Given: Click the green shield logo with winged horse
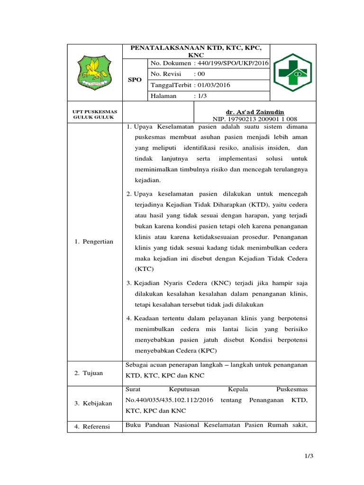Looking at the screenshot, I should pos(94,72).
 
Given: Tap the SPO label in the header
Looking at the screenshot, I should pos(135,80).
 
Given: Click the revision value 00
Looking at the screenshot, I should pos(201,74).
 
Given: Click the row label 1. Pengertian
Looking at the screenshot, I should pos(94,242).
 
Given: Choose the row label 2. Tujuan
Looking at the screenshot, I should pos(89,373).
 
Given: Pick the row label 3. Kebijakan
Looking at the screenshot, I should pos(93,403).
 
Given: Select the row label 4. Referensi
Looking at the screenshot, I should pos(92,426).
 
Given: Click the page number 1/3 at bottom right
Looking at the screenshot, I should pos(309,456).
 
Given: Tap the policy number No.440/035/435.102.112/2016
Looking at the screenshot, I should pos(170,400).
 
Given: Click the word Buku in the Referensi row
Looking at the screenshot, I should pos(133,425).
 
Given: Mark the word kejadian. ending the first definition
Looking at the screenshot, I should pos(148,180).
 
